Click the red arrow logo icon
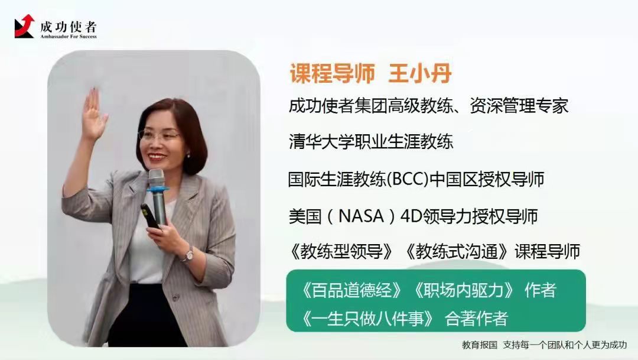24,27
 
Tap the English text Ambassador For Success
69,36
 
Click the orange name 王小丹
420,74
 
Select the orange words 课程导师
332,74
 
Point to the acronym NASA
361,216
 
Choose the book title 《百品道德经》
351,290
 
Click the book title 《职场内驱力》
464,290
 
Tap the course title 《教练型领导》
341,252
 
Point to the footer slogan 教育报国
480,345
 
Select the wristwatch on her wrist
188,255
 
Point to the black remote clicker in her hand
149,216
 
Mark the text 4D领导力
433,216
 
